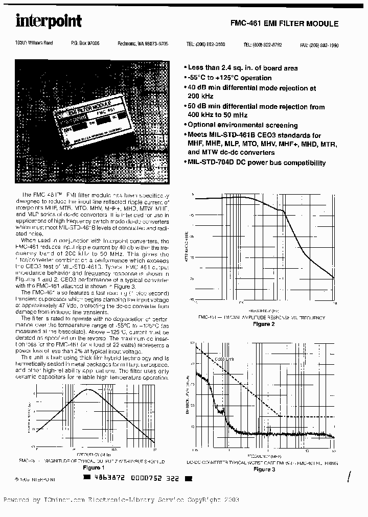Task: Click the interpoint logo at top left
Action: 48,21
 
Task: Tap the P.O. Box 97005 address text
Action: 85,44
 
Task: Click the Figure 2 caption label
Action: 264,324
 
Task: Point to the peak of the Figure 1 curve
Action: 88,390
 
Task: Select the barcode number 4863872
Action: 108,478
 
